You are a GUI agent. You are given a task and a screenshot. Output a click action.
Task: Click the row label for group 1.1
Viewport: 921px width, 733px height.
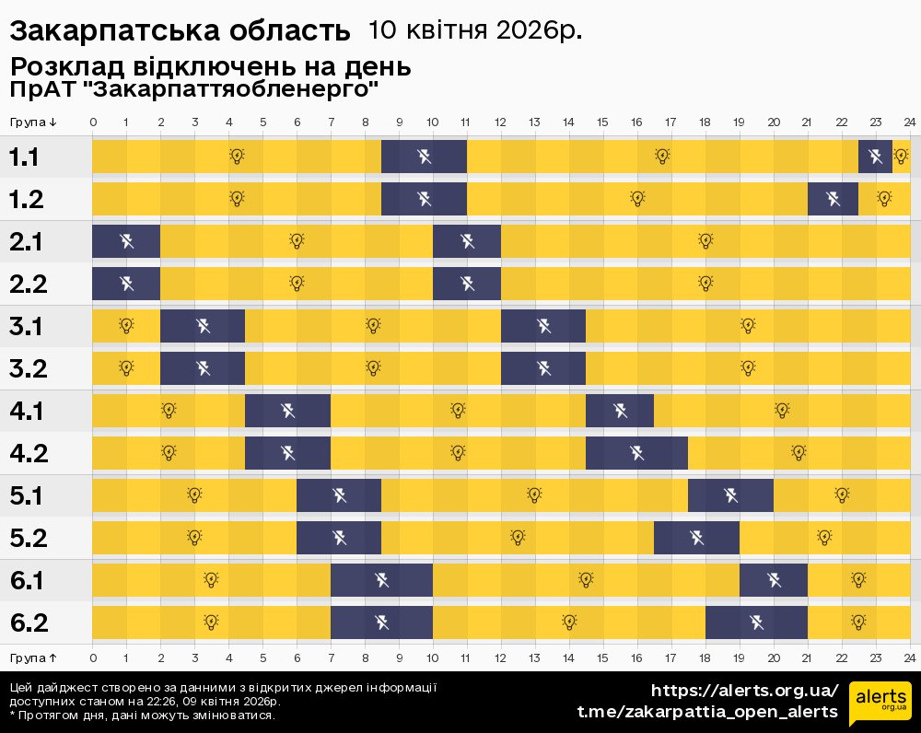(x=24, y=157)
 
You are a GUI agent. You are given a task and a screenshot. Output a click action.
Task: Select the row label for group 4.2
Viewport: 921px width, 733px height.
(x=28, y=453)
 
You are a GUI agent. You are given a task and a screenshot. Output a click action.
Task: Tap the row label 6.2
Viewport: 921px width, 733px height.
(x=28, y=623)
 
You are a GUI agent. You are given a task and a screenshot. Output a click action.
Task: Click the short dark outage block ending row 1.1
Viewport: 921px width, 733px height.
(x=875, y=157)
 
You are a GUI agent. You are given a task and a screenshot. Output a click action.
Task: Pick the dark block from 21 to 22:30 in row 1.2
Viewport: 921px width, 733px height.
(x=833, y=199)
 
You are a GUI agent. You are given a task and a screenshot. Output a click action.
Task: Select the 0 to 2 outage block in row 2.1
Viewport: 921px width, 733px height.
(x=126, y=241)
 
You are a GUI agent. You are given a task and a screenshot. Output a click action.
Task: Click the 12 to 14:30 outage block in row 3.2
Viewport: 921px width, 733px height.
(x=543, y=368)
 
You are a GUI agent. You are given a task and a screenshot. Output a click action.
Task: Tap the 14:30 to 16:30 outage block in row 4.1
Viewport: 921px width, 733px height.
(x=620, y=411)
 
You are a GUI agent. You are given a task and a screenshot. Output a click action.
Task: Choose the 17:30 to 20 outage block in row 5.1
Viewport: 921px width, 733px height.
(x=730, y=495)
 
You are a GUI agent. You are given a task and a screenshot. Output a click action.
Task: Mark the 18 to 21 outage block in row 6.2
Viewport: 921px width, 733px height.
(x=756, y=622)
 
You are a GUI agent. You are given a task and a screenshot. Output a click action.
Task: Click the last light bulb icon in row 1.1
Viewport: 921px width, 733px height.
(x=901, y=157)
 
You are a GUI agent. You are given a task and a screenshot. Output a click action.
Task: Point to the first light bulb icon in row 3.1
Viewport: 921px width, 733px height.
(x=126, y=325)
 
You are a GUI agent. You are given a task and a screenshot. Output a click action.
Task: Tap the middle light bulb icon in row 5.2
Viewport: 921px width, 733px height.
(x=518, y=538)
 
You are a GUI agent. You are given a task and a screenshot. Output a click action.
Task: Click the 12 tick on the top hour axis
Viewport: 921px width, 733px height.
(x=500, y=122)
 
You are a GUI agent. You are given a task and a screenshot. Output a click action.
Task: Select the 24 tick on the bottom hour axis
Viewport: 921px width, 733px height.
(x=909, y=658)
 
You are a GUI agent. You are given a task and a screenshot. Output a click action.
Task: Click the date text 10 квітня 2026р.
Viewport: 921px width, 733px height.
(x=474, y=30)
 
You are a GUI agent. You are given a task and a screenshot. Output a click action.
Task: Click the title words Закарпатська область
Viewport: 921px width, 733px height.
(x=180, y=31)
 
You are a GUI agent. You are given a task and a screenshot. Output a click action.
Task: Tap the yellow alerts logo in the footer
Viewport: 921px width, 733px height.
(x=880, y=704)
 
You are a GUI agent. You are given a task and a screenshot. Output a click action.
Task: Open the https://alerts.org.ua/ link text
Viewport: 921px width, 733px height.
(x=744, y=691)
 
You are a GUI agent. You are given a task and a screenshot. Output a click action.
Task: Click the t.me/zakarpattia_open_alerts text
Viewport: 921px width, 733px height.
(x=706, y=712)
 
